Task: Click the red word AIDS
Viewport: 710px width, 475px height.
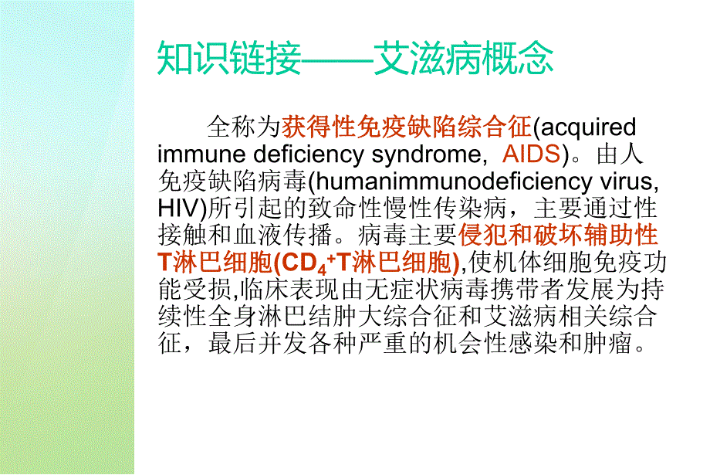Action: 532,154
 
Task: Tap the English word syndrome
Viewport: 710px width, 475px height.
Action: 427,154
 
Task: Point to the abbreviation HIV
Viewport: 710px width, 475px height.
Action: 178,208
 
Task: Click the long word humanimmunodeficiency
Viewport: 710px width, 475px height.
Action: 454,182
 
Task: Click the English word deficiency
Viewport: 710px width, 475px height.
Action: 309,154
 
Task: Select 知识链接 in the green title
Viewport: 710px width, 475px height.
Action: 229,59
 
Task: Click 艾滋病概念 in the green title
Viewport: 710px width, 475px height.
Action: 463,59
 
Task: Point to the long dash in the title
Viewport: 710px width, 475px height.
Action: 337,59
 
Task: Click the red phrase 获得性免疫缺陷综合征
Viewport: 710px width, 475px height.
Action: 407,127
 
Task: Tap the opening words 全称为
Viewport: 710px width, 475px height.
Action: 244,127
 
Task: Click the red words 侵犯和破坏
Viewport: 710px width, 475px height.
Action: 520,235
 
